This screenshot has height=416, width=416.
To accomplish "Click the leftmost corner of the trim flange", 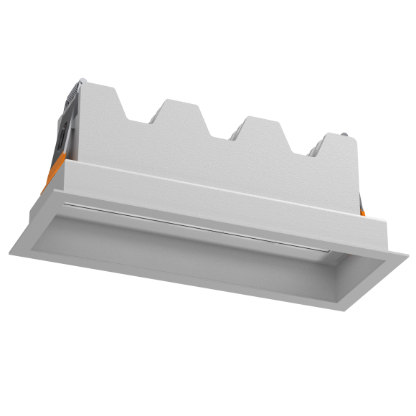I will [x=9, y=251].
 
